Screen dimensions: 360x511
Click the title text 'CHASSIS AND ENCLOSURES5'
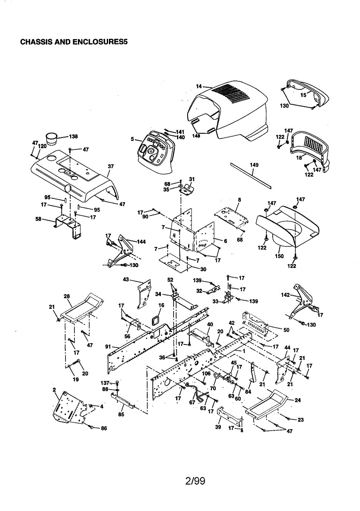[x=74, y=42]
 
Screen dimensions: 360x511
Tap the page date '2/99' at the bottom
[x=195, y=481]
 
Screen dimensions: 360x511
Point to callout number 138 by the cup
[x=73, y=136]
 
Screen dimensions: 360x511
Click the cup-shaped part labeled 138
[x=51, y=138]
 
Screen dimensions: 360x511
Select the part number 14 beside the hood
[x=199, y=86]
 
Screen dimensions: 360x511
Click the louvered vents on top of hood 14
[x=231, y=94]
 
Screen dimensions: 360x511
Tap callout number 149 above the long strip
[x=254, y=165]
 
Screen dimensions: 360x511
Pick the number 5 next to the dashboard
[x=132, y=139]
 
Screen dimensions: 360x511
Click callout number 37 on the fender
[x=111, y=167]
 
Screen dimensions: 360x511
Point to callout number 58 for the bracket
[x=38, y=219]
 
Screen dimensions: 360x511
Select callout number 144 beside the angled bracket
[x=141, y=241]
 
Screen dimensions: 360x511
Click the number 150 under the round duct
[x=279, y=256]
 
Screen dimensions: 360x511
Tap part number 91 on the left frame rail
[x=108, y=347]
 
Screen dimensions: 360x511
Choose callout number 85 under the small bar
[x=121, y=414]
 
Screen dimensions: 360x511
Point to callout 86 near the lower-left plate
[x=104, y=428]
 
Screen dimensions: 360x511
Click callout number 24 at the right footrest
[x=297, y=400]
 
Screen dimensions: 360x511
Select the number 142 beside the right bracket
[x=285, y=295]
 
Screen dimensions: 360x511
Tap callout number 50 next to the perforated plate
[x=286, y=330]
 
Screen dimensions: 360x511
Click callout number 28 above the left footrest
[x=67, y=296]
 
